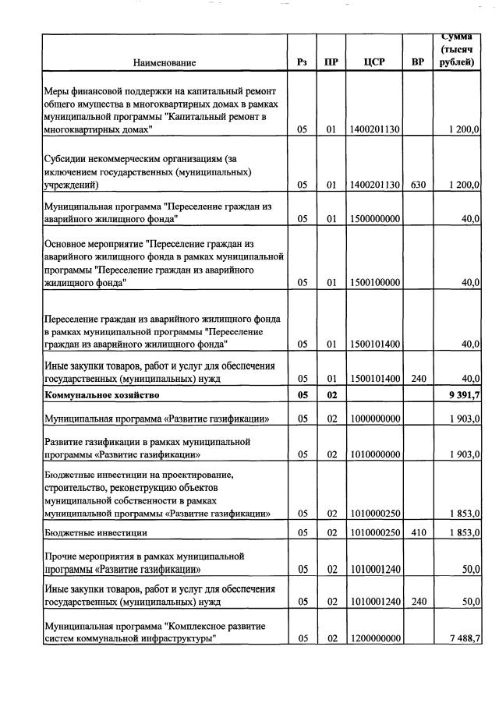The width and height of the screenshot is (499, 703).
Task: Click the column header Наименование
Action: pyautogui.click(x=164, y=62)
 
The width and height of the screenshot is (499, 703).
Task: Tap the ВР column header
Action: pyautogui.click(x=417, y=62)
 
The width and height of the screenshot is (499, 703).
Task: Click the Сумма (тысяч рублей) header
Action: pyautogui.click(x=458, y=49)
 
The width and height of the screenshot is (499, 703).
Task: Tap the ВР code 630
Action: pyautogui.click(x=417, y=185)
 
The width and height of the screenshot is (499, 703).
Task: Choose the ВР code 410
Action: pyautogui.click(x=417, y=532)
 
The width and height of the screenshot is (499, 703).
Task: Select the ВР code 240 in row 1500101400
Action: pyautogui.click(x=417, y=379)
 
